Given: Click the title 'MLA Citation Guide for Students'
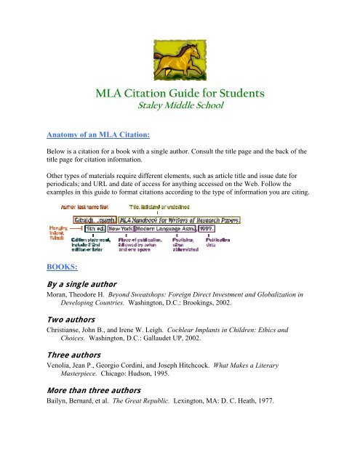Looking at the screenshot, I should tap(179, 94).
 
